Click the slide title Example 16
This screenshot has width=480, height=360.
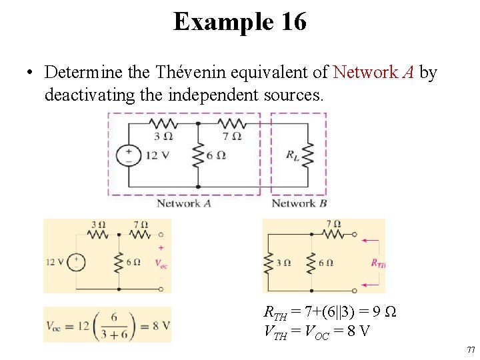(240, 21)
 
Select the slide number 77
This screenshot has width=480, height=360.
(471, 349)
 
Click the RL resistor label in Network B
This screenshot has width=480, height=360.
(293, 155)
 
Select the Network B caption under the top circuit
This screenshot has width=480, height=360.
(299, 203)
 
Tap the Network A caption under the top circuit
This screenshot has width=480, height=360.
(184, 203)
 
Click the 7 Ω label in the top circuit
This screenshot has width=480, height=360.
(233, 137)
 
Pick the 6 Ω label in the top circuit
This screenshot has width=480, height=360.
(217, 155)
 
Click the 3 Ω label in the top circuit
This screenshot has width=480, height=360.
(163, 137)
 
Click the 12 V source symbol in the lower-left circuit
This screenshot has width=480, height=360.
(77, 261)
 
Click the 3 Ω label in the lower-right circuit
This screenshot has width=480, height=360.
(283, 263)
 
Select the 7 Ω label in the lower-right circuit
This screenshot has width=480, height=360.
(334, 224)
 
